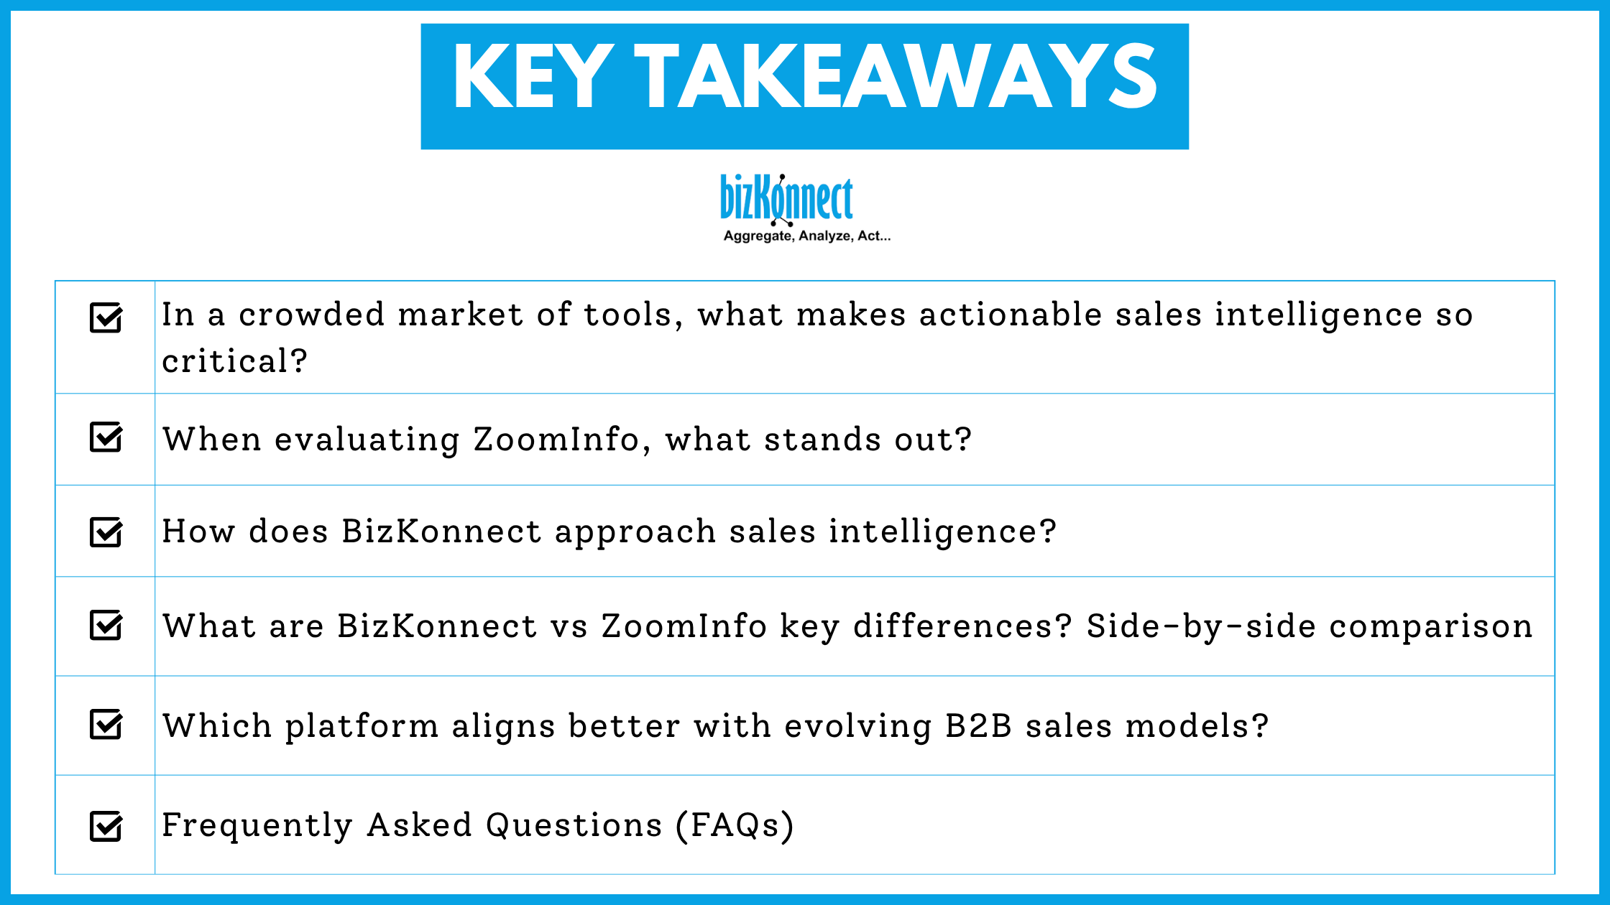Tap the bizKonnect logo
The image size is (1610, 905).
point(786,198)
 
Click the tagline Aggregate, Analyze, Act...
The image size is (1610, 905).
point(806,236)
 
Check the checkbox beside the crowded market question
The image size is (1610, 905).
point(106,317)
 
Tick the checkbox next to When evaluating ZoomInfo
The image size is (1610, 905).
point(106,437)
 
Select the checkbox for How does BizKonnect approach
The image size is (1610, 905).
point(106,532)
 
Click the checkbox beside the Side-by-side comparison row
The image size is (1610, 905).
point(106,625)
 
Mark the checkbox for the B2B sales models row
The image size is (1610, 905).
point(106,724)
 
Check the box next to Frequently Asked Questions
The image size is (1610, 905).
point(106,826)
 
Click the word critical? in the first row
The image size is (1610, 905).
point(234,361)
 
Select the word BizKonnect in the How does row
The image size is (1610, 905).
point(441,532)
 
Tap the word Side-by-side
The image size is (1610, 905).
point(1201,626)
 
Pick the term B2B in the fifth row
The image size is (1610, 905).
point(978,726)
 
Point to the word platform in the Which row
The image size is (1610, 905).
point(362,726)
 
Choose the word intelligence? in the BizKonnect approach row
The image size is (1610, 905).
point(942,532)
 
